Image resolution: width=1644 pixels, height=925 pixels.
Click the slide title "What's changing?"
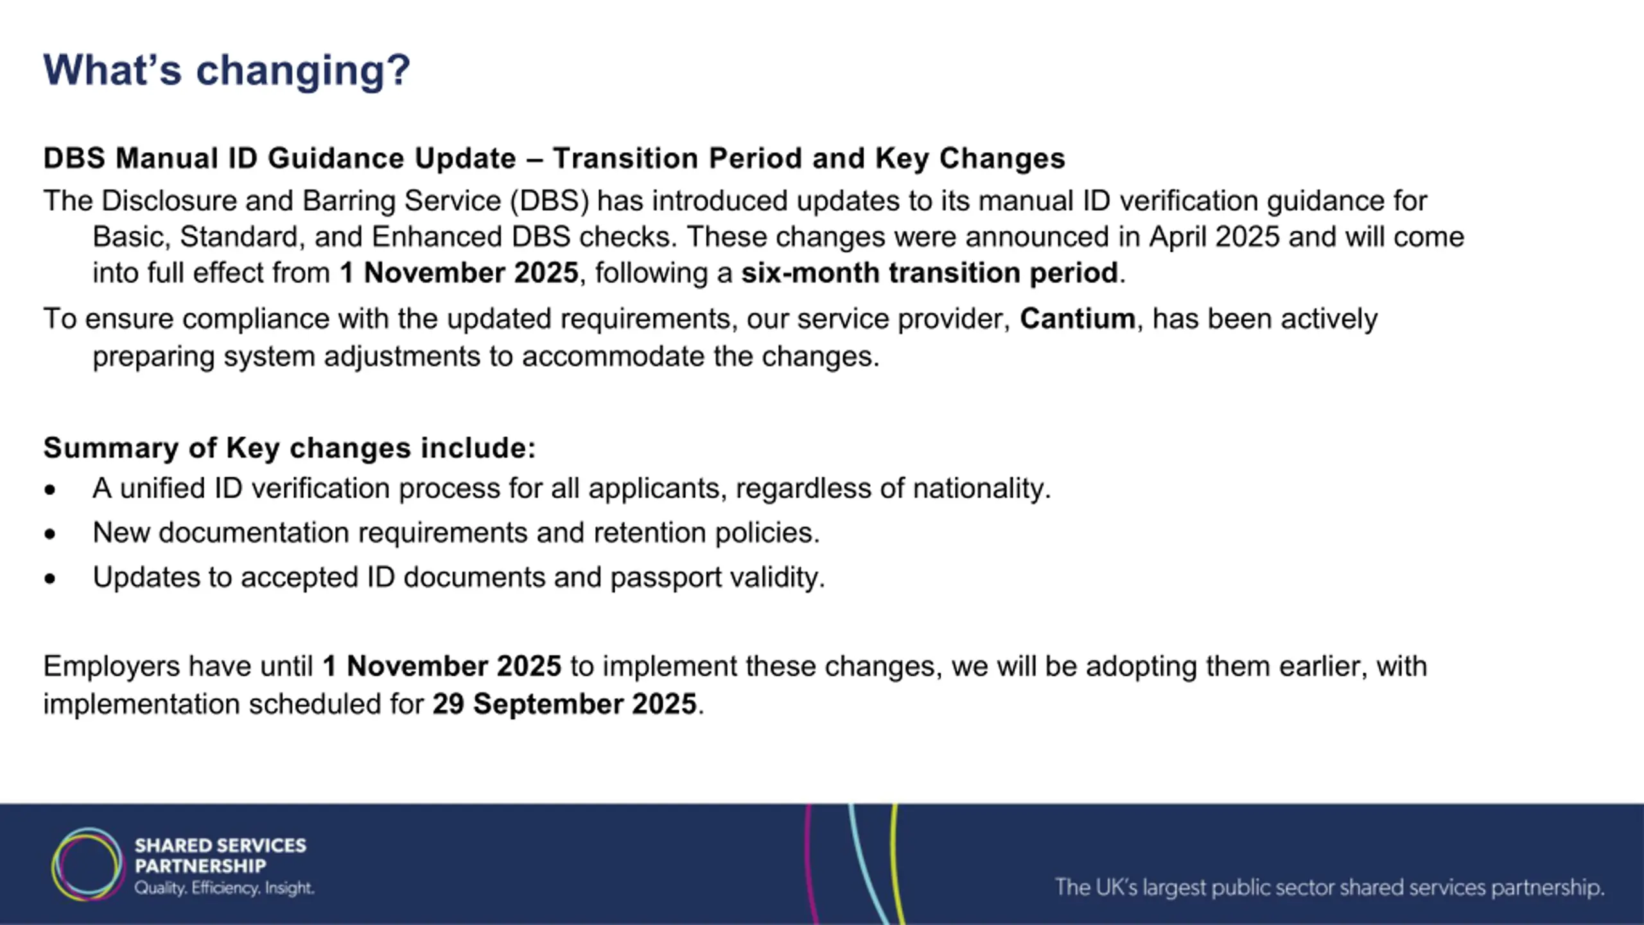click(x=226, y=70)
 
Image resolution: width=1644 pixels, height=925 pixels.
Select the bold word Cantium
click(x=1077, y=319)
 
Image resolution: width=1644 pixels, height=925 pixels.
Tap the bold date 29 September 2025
click(x=564, y=704)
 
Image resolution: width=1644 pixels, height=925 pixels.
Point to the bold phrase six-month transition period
click(x=929, y=273)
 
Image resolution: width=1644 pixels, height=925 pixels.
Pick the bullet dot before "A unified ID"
click(x=50, y=490)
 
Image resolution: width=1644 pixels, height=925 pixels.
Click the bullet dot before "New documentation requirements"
click(x=50, y=534)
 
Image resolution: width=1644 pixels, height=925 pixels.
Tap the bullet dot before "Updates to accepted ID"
click(x=50, y=579)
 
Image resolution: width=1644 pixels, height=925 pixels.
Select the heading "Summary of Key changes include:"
click(x=289, y=448)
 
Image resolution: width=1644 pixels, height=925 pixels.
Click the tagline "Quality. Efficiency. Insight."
click(x=224, y=888)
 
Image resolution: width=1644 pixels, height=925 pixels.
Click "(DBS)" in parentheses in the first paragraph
click(x=550, y=201)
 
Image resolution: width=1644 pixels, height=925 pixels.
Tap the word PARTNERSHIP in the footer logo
click(x=200, y=866)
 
